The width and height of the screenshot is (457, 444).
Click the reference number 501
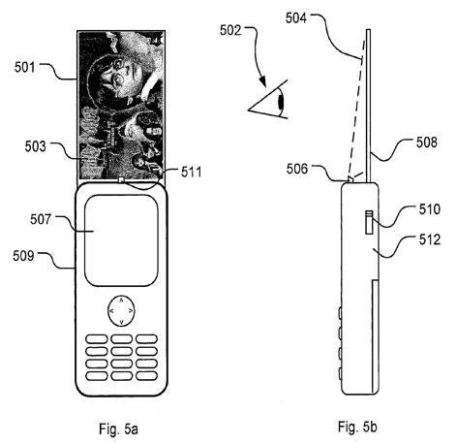point(24,68)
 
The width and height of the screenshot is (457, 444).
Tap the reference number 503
point(36,146)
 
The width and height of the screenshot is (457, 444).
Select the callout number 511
point(191,172)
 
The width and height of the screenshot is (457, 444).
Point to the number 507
point(41,219)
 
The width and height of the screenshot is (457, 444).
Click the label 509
point(23,256)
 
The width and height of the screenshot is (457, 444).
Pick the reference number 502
point(230,30)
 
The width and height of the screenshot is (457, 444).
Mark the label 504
point(296,18)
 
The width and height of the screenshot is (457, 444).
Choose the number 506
point(297,169)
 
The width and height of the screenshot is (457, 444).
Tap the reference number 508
point(427,143)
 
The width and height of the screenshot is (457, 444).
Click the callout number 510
point(430,209)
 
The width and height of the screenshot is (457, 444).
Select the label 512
point(430,239)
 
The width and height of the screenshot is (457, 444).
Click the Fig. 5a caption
point(118,429)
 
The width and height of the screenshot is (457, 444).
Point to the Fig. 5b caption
point(357,427)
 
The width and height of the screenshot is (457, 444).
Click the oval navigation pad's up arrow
point(121,301)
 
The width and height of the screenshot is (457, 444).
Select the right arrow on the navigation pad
point(131,311)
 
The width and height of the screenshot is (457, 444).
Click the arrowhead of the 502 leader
point(263,81)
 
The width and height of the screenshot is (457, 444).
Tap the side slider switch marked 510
point(369,222)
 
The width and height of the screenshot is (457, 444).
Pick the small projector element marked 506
point(350,178)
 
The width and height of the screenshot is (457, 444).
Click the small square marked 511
point(121,179)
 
